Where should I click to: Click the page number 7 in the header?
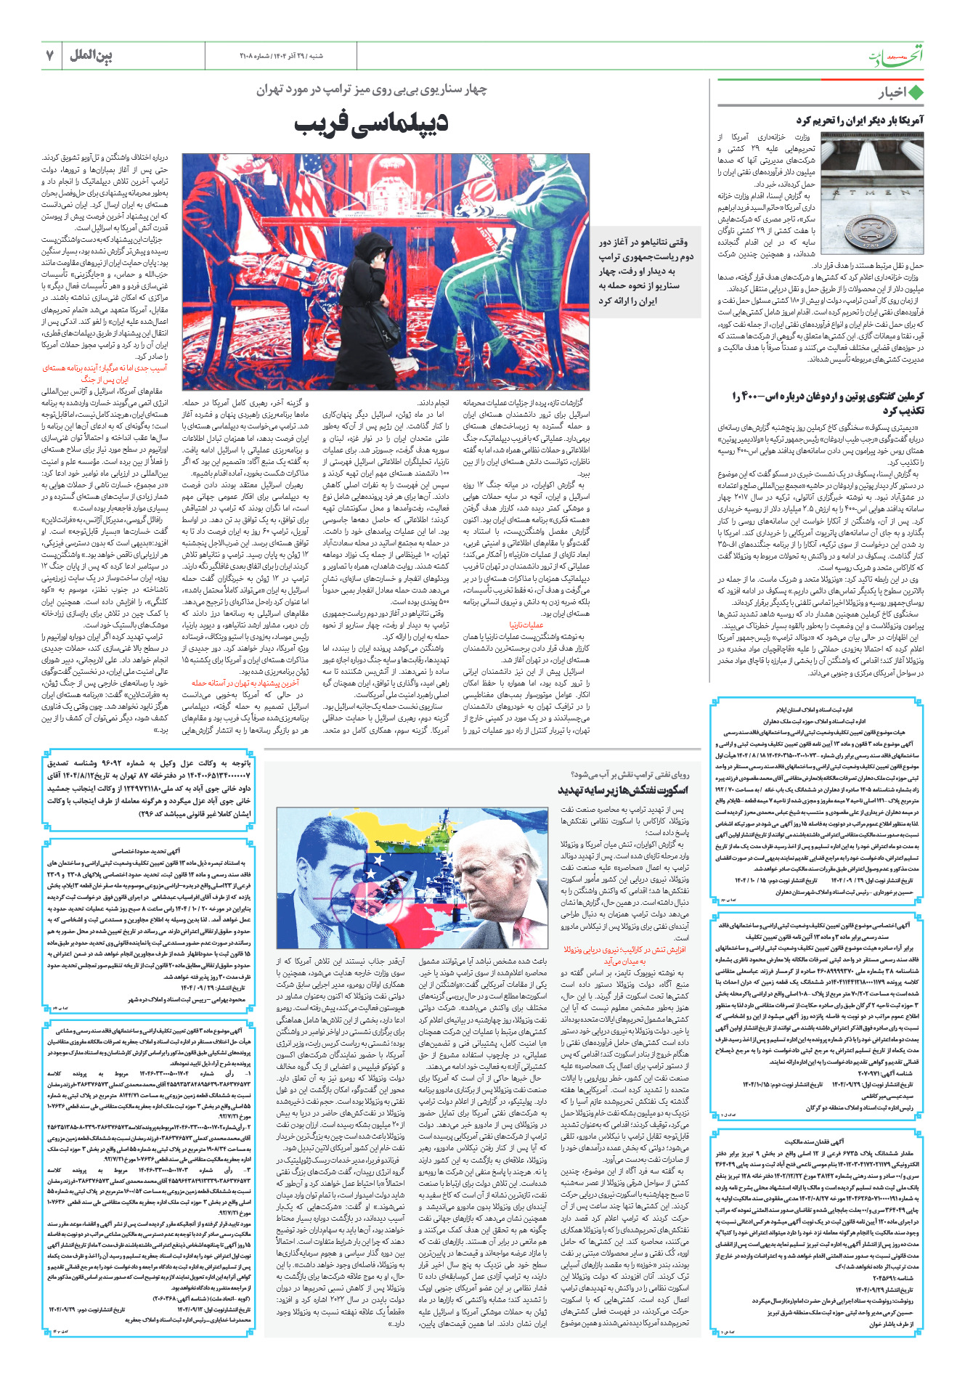[x=51, y=56]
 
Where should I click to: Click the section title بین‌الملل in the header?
[x=91, y=56]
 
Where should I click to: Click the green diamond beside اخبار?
[x=916, y=93]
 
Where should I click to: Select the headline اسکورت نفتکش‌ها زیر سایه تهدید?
[x=623, y=790]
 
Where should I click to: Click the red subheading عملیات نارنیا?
[x=526, y=624]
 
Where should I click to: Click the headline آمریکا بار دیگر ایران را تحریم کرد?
[x=860, y=121]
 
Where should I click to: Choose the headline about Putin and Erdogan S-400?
[x=828, y=403]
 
